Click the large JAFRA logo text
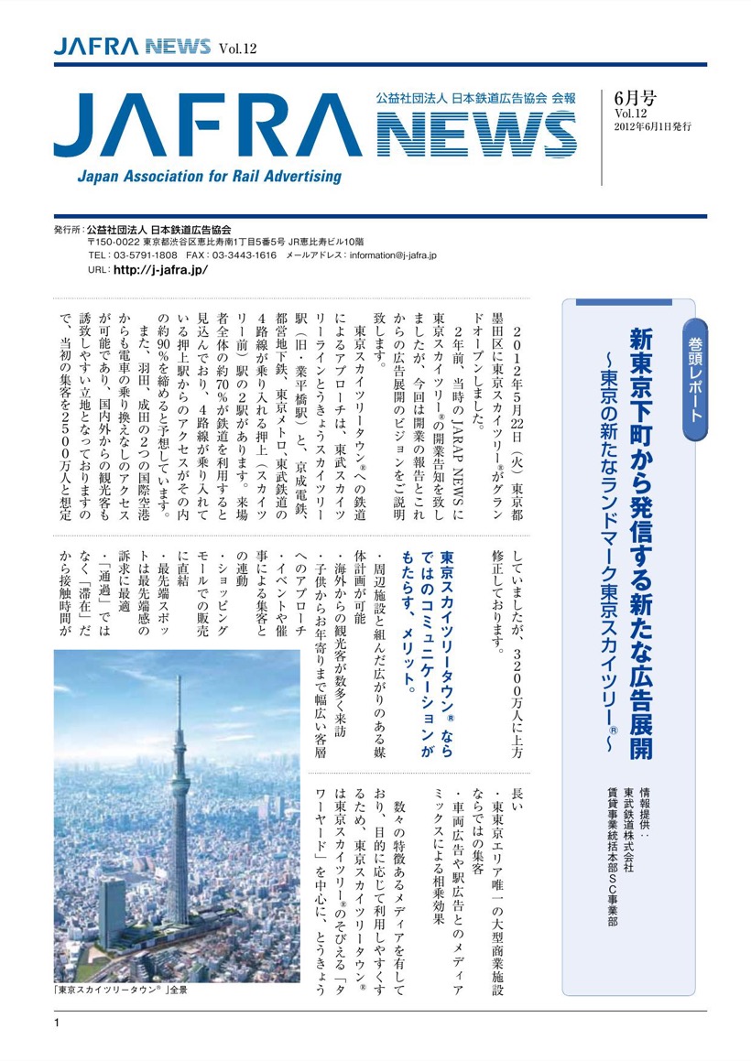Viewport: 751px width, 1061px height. click(x=207, y=126)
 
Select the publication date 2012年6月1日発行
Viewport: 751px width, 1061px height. click(x=652, y=125)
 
